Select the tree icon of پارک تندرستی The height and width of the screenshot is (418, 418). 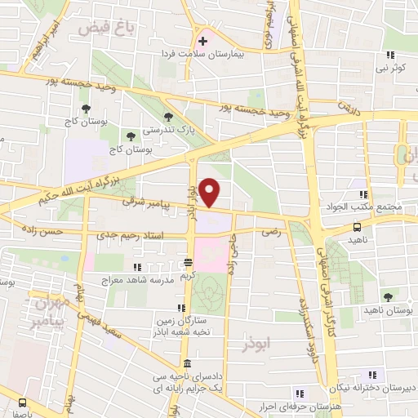coord(168,117)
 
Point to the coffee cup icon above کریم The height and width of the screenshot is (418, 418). coord(189,262)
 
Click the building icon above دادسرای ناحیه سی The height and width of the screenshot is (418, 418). coord(188,364)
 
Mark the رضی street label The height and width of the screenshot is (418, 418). coord(268,232)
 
